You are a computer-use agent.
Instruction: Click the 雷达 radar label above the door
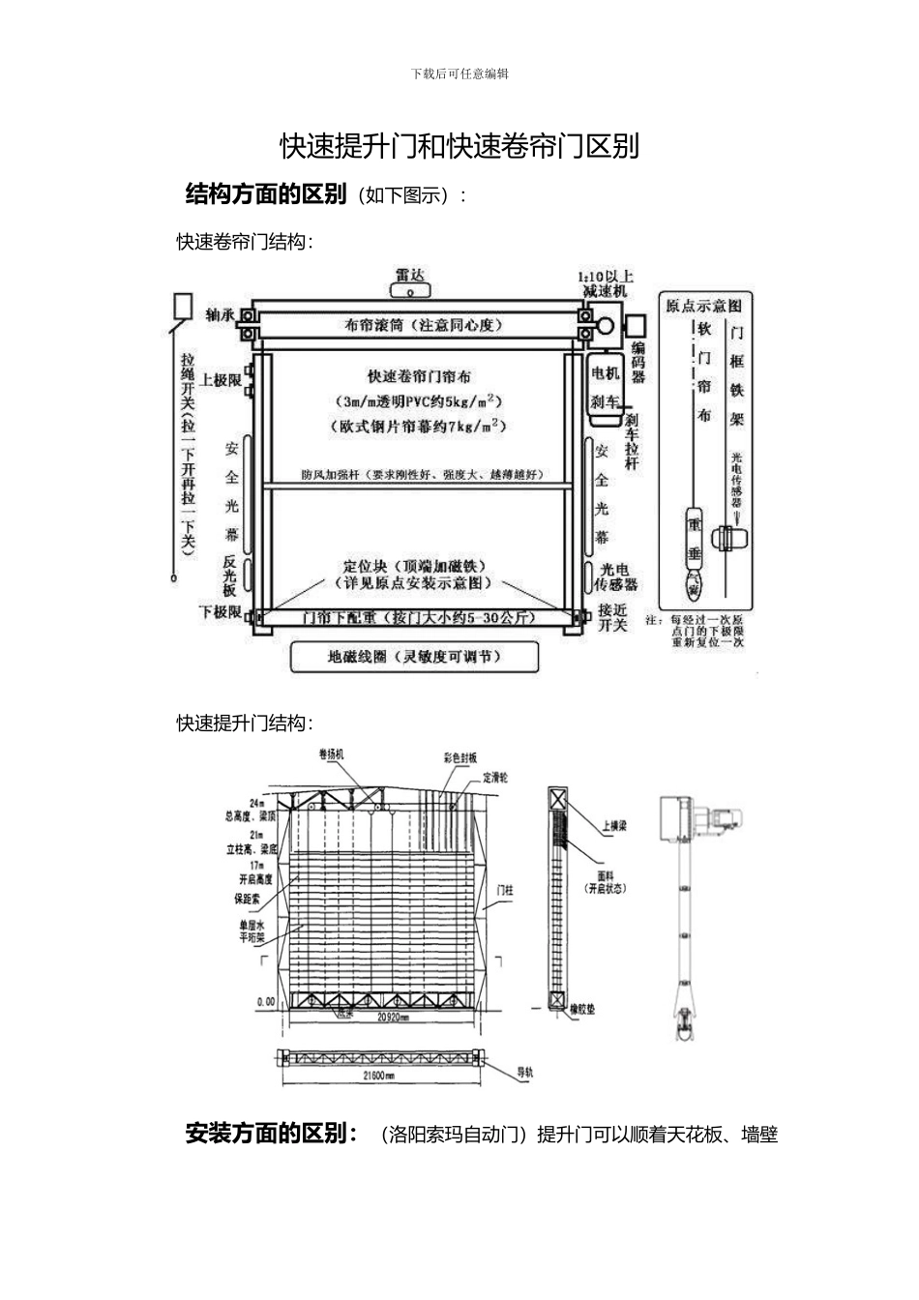click(x=409, y=276)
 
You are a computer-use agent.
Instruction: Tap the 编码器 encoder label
click(x=638, y=362)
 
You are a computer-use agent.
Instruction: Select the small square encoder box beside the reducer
click(x=636, y=325)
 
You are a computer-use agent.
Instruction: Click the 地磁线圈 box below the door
click(x=414, y=657)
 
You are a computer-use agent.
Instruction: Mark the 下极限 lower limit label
click(x=219, y=611)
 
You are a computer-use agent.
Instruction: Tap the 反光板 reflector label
click(x=230, y=576)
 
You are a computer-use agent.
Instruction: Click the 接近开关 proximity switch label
click(x=612, y=617)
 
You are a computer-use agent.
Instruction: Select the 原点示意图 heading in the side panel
click(x=703, y=305)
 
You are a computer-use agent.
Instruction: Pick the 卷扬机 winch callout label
click(x=331, y=754)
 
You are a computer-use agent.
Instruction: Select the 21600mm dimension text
click(x=377, y=1075)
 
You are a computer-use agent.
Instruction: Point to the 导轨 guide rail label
click(x=524, y=1072)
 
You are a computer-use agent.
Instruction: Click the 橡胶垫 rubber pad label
click(x=581, y=1009)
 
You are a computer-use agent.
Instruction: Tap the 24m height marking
click(x=256, y=803)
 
